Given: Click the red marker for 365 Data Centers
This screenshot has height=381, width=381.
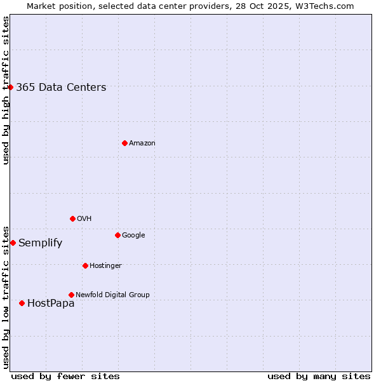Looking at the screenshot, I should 11,87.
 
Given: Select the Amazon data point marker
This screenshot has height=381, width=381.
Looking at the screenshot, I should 124,143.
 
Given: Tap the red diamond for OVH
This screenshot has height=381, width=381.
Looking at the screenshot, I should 72,218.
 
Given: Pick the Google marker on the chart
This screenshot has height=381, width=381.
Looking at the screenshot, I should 117,235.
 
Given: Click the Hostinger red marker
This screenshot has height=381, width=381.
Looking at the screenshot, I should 85,265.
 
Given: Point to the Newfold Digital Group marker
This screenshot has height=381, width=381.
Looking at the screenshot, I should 71,295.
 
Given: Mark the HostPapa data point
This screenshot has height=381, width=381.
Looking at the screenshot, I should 22,303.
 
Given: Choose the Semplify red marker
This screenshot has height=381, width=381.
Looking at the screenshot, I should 13,243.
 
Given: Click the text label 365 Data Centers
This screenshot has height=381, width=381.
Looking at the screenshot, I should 61,88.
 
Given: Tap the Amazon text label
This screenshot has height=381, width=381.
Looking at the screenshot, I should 142,144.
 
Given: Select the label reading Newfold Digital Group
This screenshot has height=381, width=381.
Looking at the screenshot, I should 112,295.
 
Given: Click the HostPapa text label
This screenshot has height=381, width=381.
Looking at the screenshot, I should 51,304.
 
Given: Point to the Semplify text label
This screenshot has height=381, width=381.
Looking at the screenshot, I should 40,243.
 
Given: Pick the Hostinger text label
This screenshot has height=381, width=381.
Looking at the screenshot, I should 105,265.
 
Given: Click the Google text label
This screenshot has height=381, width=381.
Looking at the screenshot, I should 133,236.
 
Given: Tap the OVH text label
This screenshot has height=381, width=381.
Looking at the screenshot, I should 84,219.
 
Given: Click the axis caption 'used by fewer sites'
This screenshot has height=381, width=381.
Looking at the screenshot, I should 65,376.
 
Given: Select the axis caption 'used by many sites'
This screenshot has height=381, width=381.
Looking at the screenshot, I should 319,376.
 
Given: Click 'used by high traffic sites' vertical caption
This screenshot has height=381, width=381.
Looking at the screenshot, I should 6,90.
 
